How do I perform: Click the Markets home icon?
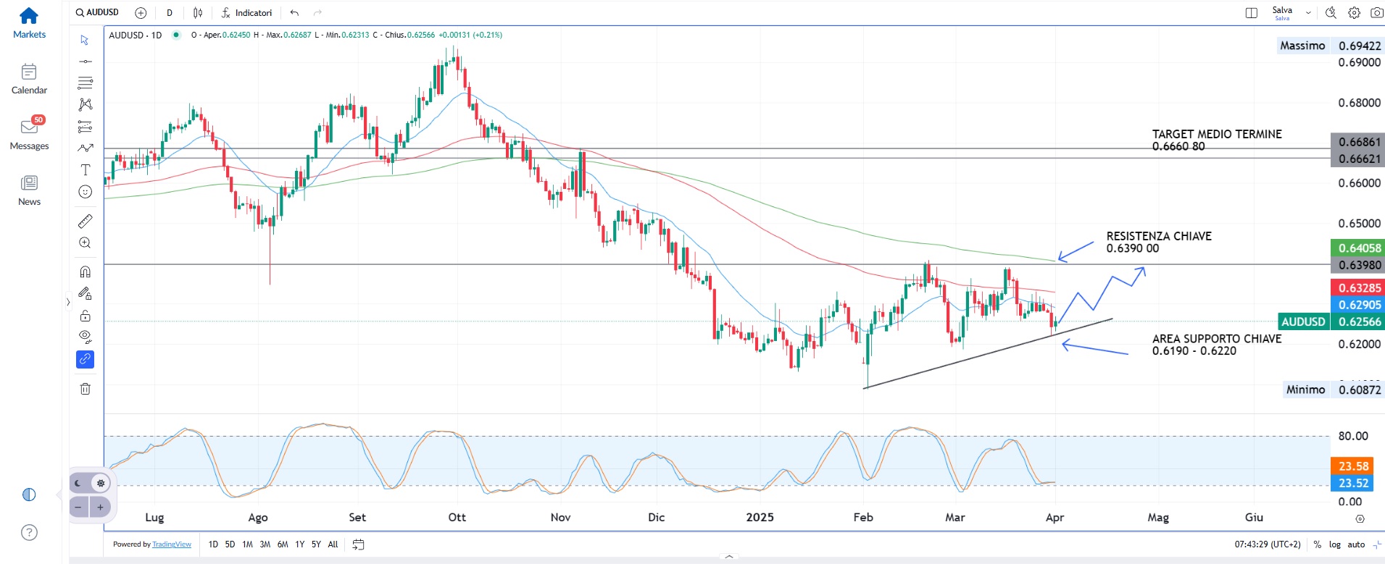[29, 15]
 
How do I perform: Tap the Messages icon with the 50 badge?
[29, 127]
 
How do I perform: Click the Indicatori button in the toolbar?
[246, 13]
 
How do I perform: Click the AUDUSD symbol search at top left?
[97, 12]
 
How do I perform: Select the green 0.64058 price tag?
[1358, 248]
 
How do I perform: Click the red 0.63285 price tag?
[1358, 287]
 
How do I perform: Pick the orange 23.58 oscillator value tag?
[1352, 466]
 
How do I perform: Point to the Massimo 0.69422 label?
[1329, 46]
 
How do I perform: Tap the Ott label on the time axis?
[457, 517]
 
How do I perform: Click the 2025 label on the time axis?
[760, 517]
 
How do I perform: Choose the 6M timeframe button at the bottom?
[282, 544]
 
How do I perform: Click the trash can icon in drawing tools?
[85, 389]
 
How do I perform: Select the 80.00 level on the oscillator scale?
[1352, 436]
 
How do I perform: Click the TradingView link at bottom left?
[172, 544]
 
